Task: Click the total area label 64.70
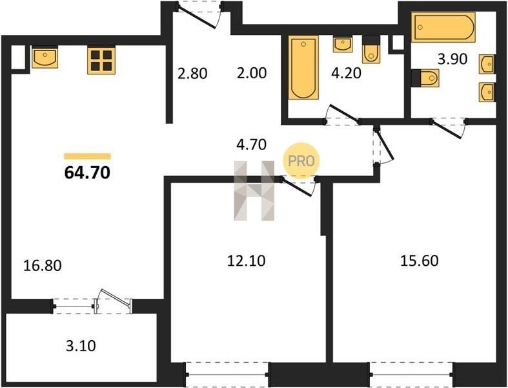(88, 173)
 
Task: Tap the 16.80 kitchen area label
(43, 266)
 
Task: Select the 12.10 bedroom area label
(246, 261)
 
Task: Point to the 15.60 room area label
(420, 261)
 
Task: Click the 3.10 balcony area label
(81, 346)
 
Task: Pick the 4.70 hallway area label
(251, 144)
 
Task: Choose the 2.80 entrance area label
(192, 73)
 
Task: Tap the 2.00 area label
(252, 73)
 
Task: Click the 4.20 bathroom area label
(346, 73)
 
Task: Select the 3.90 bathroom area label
(452, 59)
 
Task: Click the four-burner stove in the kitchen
(101, 60)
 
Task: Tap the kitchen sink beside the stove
(45, 57)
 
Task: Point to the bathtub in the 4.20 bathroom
(303, 67)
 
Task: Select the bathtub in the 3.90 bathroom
(443, 27)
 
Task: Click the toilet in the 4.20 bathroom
(371, 49)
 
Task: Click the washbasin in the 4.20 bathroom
(343, 45)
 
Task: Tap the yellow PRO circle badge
(301, 161)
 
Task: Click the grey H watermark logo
(254, 191)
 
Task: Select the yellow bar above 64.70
(88, 156)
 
